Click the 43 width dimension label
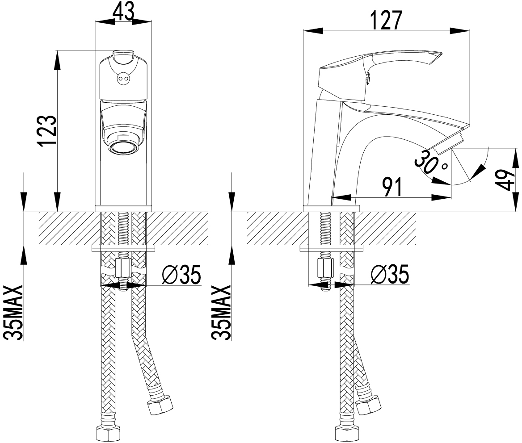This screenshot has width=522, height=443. (123, 12)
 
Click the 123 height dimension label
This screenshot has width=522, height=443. (47, 131)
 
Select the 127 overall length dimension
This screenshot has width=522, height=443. (387, 20)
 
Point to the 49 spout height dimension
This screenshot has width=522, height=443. (506, 180)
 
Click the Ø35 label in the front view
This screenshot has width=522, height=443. (181, 275)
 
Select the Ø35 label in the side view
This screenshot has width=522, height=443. (390, 275)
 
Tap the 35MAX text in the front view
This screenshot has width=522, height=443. (14, 312)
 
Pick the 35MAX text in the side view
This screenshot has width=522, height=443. (221, 312)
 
